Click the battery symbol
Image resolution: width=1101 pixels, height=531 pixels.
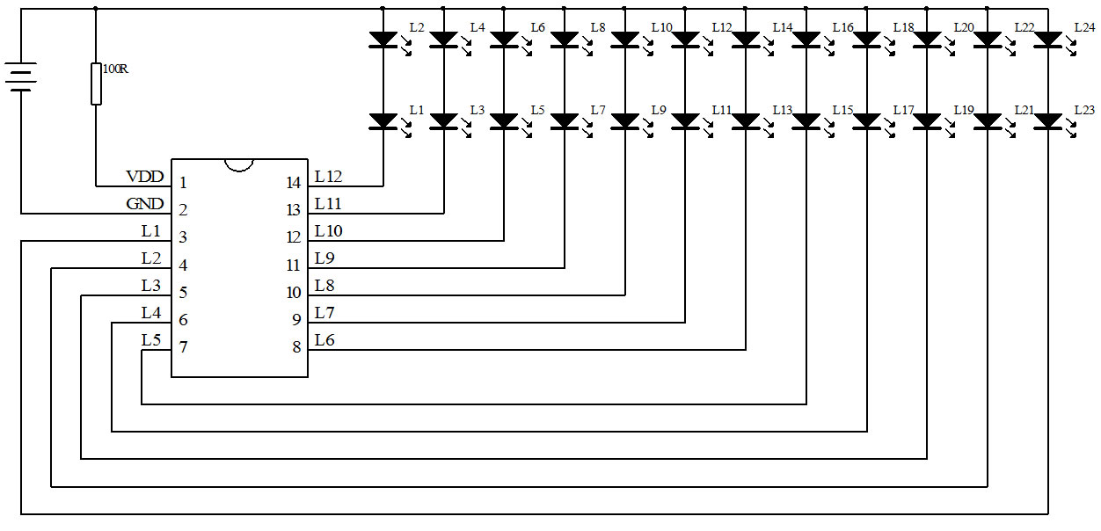pos(21,76)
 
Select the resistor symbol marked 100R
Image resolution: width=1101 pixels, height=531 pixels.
pos(96,84)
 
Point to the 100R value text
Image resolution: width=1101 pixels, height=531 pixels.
pos(115,69)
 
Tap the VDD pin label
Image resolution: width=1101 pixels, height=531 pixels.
pos(145,178)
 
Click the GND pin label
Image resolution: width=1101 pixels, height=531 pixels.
pos(145,205)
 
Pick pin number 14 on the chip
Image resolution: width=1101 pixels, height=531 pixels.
pos(294,183)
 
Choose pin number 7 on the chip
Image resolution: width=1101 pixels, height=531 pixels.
pos(183,347)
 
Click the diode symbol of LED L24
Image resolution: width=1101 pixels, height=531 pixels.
pos(1047,40)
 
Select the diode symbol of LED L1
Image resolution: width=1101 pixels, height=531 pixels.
pos(383,120)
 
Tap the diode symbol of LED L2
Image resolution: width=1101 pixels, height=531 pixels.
pos(383,40)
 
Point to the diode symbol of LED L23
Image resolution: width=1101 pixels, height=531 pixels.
pos(1047,120)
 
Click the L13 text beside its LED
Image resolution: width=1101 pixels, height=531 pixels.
pos(782,110)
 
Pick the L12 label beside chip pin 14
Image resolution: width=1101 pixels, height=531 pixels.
pos(328,178)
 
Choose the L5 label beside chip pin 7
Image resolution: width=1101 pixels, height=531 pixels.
pos(151,340)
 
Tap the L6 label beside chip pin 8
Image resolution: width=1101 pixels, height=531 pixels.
pos(324,340)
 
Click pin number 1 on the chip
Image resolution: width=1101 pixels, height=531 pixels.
pos(183,183)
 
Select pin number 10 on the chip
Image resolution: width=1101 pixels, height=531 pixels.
pos(294,293)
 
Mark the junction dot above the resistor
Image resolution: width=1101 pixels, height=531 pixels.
pos(96,9)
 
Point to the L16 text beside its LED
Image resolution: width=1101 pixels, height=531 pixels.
pos(842,28)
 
